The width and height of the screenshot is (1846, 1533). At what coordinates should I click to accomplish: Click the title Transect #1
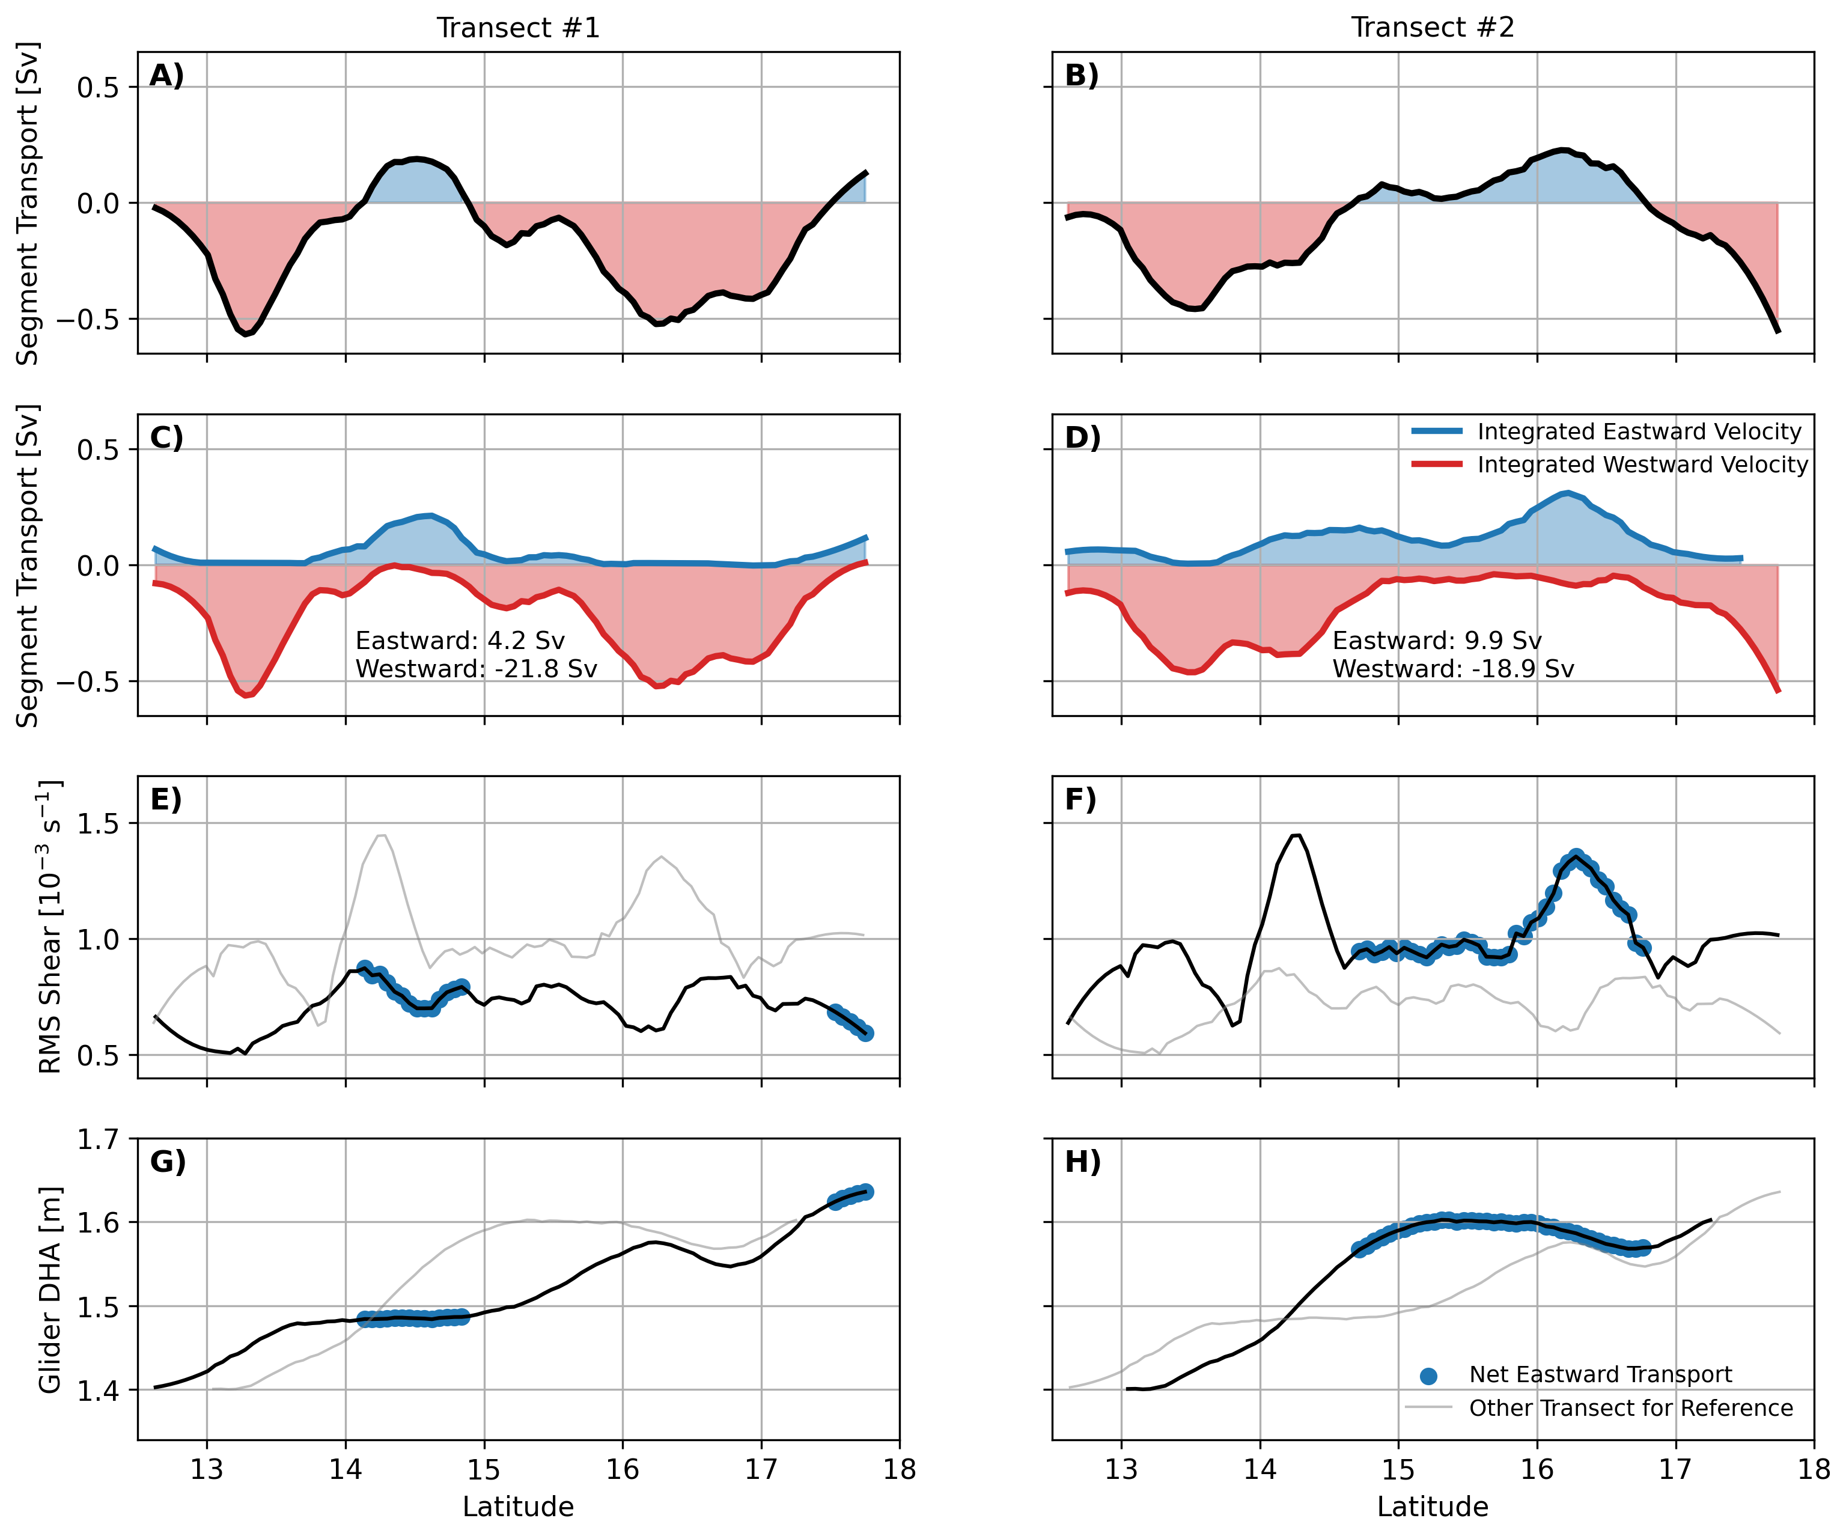518,28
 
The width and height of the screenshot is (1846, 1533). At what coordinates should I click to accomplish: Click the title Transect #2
1432,28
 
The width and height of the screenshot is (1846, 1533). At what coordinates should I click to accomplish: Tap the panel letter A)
166,76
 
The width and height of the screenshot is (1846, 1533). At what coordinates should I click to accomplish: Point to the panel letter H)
1082,1162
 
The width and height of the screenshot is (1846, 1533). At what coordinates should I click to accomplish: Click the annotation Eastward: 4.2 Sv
460,640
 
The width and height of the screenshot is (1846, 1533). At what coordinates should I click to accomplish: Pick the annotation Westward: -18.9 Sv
1452,669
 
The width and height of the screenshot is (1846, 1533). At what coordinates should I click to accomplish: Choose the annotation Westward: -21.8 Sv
475,669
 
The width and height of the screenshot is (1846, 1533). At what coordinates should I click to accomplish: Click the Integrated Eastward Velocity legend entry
1639,431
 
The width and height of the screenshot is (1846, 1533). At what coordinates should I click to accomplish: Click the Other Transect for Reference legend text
1631,1408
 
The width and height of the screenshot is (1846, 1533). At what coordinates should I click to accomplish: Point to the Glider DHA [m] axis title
50,1290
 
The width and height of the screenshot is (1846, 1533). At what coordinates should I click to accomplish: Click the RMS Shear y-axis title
50,927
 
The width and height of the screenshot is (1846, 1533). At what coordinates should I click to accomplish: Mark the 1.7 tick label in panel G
99,1140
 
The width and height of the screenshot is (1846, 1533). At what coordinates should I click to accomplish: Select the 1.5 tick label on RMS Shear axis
99,824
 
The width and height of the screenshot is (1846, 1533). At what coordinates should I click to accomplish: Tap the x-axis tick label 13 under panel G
207,1470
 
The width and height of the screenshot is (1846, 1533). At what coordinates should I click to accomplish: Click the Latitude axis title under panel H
1432,1507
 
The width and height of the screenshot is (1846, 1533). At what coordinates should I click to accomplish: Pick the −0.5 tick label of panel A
88,320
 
